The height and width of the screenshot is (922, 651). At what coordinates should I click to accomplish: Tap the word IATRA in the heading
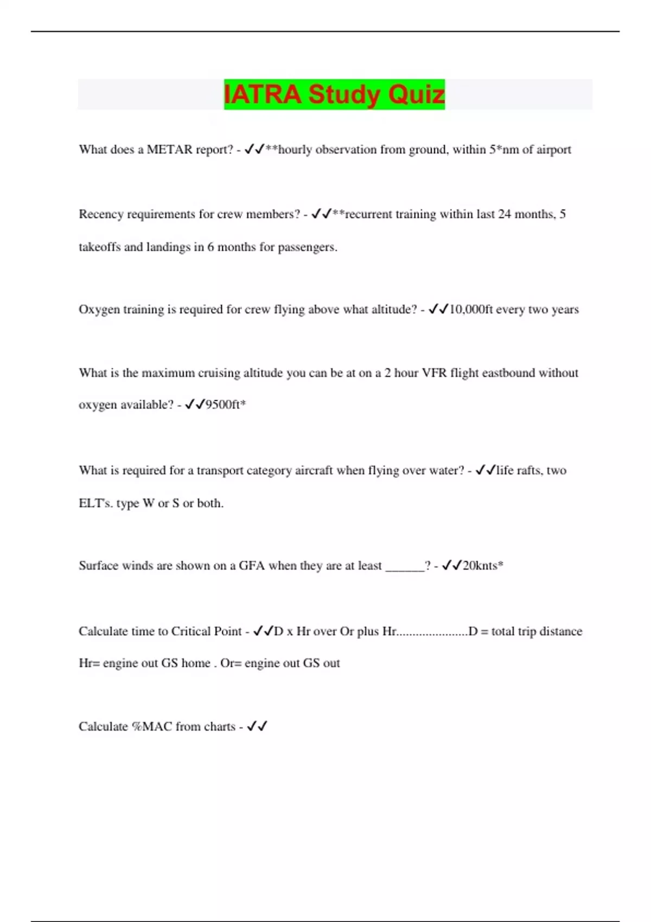(x=263, y=94)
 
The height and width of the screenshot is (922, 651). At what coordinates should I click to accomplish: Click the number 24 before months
(x=505, y=214)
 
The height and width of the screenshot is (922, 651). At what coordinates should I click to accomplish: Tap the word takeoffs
(x=99, y=247)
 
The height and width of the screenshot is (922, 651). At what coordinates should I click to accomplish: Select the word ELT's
(x=96, y=503)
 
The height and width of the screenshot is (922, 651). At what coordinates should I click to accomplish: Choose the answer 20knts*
(x=483, y=566)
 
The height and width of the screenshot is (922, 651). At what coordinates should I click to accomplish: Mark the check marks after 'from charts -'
(x=257, y=727)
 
